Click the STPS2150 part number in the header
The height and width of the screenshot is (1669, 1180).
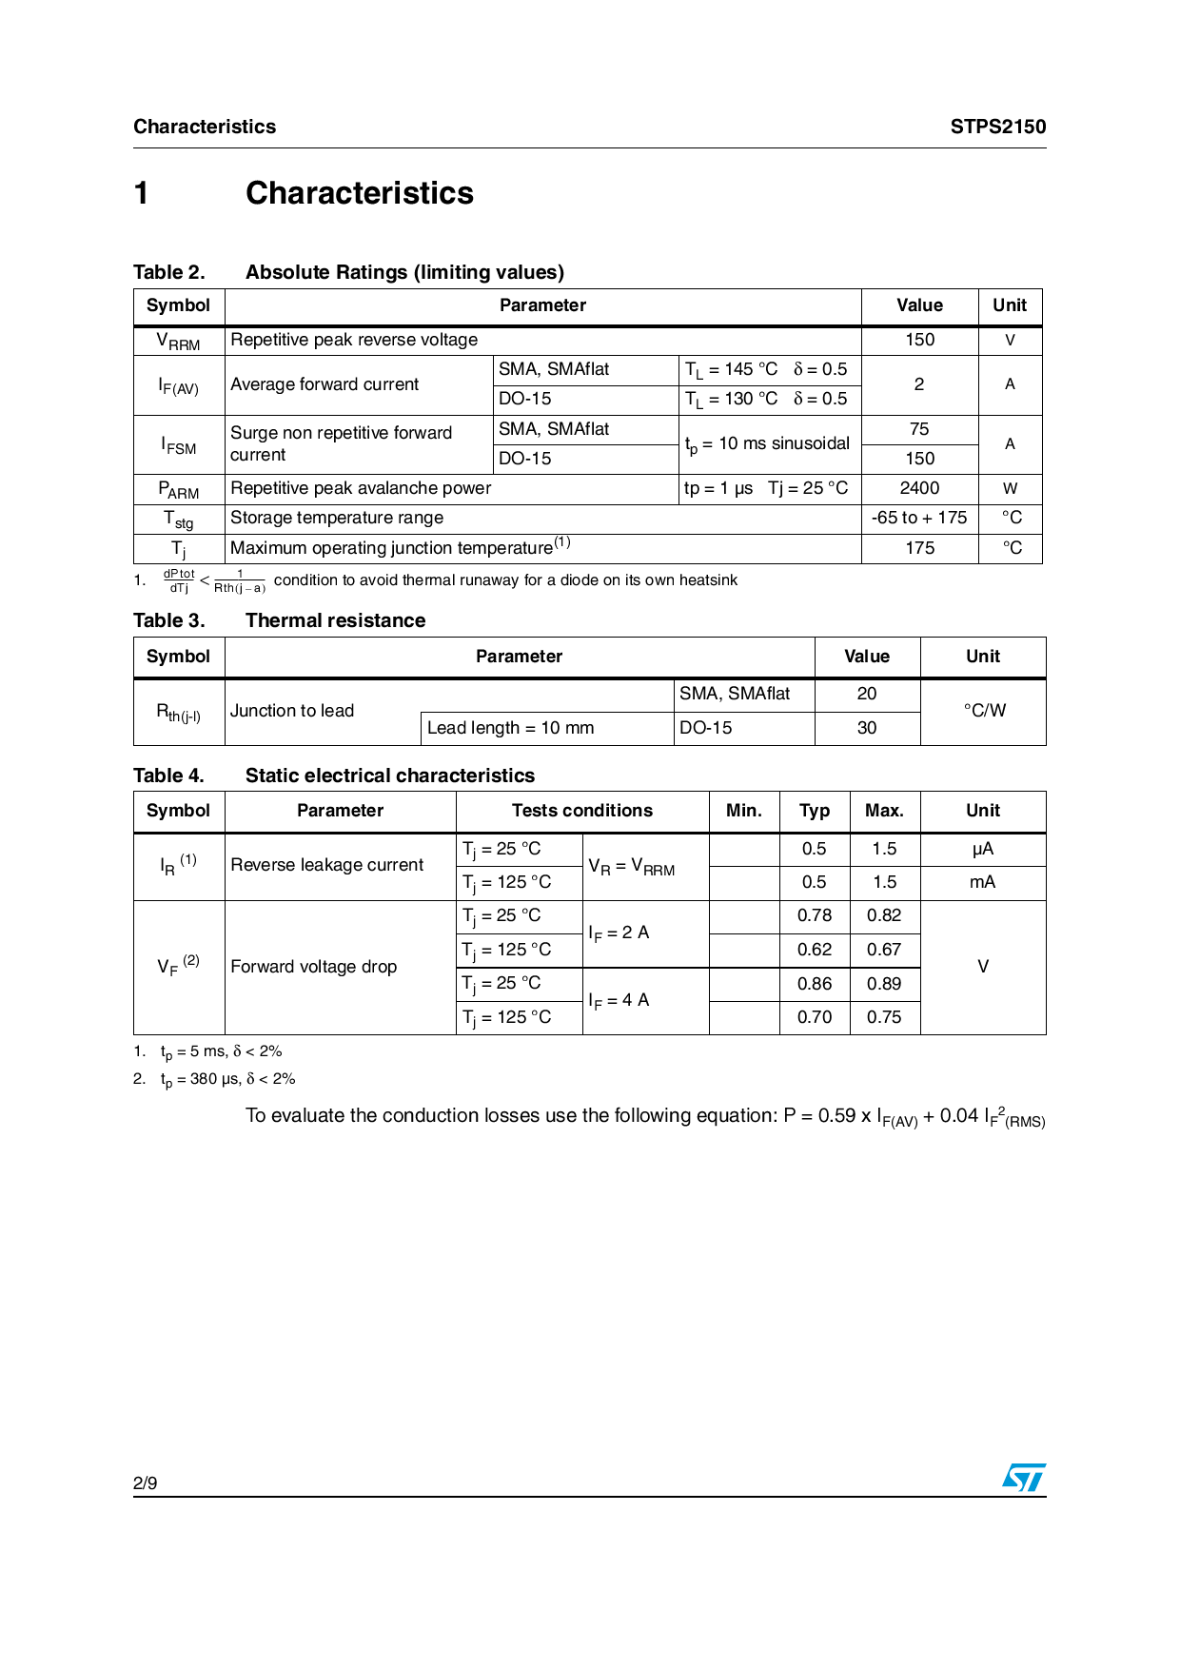click(x=997, y=127)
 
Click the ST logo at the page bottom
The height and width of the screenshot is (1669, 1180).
click(x=1024, y=1478)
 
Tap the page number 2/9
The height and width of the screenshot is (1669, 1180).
click(x=146, y=1482)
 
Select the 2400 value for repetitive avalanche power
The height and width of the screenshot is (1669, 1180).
click(x=919, y=488)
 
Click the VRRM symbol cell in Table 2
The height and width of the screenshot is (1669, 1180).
click(x=179, y=341)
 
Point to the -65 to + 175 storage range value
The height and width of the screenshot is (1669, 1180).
click(x=919, y=518)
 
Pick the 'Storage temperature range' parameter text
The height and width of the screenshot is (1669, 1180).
click(x=337, y=518)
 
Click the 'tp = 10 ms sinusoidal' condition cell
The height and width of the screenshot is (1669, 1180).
click(x=768, y=444)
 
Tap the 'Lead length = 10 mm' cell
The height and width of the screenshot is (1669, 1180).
click(x=511, y=728)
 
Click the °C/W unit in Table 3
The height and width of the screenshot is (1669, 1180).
click(x=984, y=711)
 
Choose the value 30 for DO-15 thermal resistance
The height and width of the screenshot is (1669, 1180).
click(x=866, y=728)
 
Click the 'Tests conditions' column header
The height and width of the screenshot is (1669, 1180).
click(x=582, y=811)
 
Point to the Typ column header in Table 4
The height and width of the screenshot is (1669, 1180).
click(x=815, y=811)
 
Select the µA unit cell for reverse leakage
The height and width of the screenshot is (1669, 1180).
click(x=982, y=849)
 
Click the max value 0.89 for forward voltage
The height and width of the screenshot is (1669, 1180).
click(x=884, y=984)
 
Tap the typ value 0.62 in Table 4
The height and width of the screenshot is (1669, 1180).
click(x=815, y=950)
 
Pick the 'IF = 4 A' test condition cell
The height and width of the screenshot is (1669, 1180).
click(x=619, y=1000)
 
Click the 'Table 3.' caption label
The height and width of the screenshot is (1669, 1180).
click(x=168, y=620)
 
